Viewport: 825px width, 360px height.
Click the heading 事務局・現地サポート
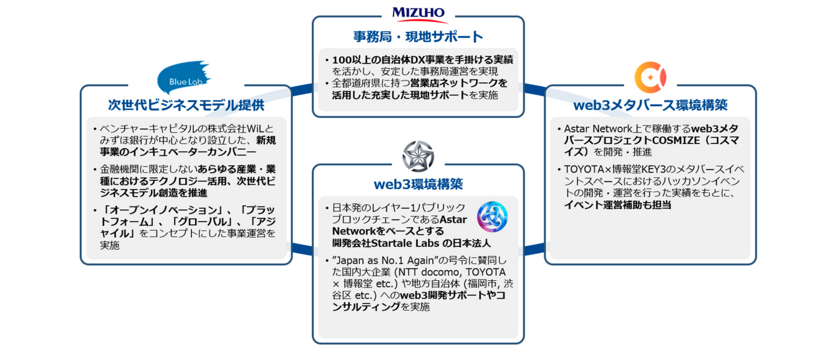418,36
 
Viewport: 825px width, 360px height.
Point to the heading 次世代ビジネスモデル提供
186,105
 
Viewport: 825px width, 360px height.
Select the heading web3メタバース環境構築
650,105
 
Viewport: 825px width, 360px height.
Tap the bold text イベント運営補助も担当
617,204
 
